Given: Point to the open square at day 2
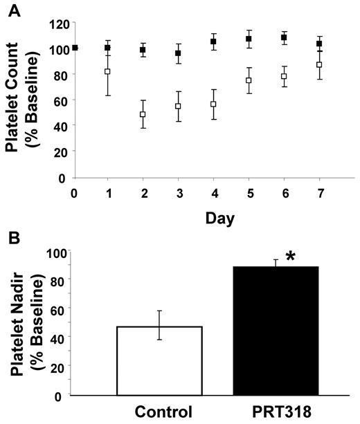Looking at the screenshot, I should click(x=143, y=114).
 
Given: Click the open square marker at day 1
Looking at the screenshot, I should click(x=107, y=71).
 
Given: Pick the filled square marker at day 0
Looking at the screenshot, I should click(x=75, y=48).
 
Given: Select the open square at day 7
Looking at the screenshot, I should click(x=319, y=65).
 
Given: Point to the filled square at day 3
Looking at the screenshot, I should click(x=178, y=53).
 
